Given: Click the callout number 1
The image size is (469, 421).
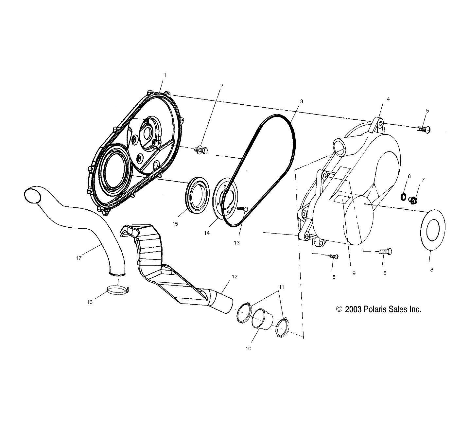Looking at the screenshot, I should pos(165,75).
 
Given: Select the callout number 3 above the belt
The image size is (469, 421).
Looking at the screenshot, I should pos(301,101).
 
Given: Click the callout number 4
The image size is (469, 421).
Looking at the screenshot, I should pos(388,99).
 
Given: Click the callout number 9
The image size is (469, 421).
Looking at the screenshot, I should pos(354,273).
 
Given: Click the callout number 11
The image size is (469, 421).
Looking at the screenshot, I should pos(281,287).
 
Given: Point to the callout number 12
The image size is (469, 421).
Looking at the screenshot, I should pos(234,276).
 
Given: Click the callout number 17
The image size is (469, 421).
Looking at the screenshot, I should pos(78,258).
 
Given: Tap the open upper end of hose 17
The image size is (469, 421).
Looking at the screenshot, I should pos(32,195).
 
